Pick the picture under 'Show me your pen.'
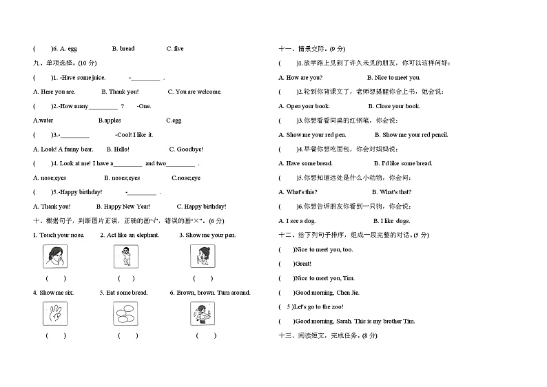tap(202, 257)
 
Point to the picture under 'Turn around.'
tap(202, 314)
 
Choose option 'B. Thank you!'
tap(120, 92)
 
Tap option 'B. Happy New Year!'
tap(123, 207)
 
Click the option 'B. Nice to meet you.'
tap(393, 78)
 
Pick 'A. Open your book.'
tap(304, 107)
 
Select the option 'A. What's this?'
tap(298, 192)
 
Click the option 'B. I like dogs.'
tap(391, 221)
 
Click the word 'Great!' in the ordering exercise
tap(302, 264)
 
